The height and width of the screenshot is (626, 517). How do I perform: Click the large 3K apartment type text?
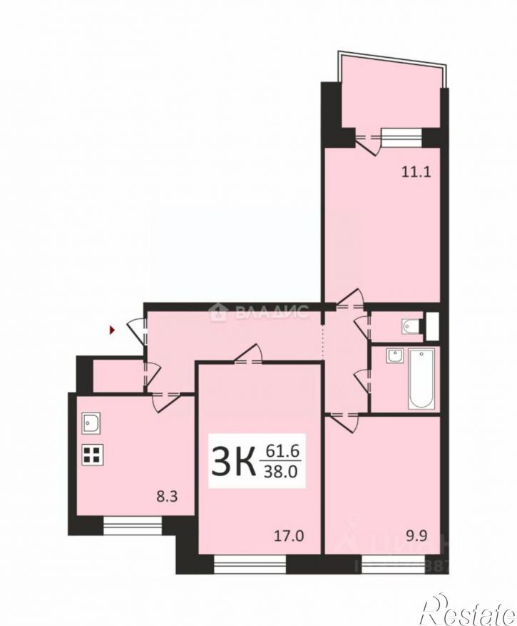point(233,463)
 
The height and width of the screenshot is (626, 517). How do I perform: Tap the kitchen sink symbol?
point(91,423)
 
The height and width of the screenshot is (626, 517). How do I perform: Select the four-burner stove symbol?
point(91,455)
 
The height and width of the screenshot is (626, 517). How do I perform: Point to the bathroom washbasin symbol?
point(393,356)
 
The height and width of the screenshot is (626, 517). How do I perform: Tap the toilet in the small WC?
point(409,327)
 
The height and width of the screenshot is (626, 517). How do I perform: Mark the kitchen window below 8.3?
point(133,527)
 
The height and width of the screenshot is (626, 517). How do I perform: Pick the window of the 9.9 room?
point(394,565)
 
